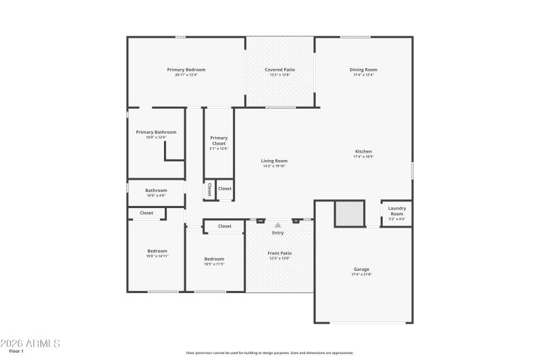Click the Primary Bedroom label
click(x=186, y=70)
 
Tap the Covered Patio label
click(x=279, y=70)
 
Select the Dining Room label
click(x=363, y=70)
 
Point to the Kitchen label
click(x=363, y=151)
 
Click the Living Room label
click(x=275, y=161)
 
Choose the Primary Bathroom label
click(x=156, y=132)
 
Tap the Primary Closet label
click(x=219, y=140)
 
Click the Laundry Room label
click(x=397, y=211)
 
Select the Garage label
click(x=361, y=269)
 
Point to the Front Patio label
click(x=279, y=253)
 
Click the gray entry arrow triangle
click(x=277, y=225)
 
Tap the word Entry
click(x=277, y=233)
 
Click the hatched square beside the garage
click(x=350, y=213)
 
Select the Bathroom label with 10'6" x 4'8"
click(x=156, y=190)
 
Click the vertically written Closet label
click(x=209, y=190)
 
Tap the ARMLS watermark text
click(x=30, y=344)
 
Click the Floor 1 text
click(x=16, y=351)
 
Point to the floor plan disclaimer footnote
click(x=269, y=353)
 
